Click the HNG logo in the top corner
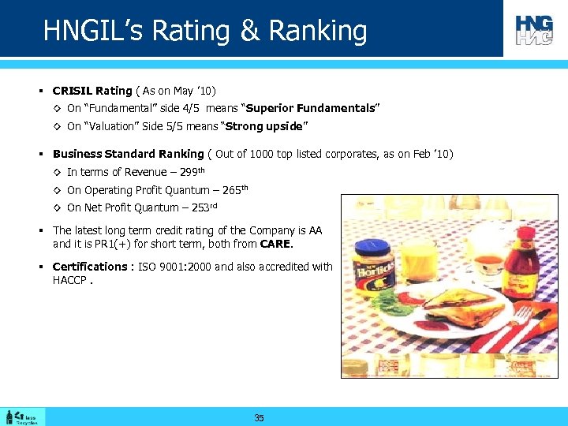(534, 30)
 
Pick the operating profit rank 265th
(234, 189)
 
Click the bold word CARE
(275, 244)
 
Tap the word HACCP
(69, 280)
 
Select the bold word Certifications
(89, 267)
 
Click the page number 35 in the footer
(259, 418)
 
